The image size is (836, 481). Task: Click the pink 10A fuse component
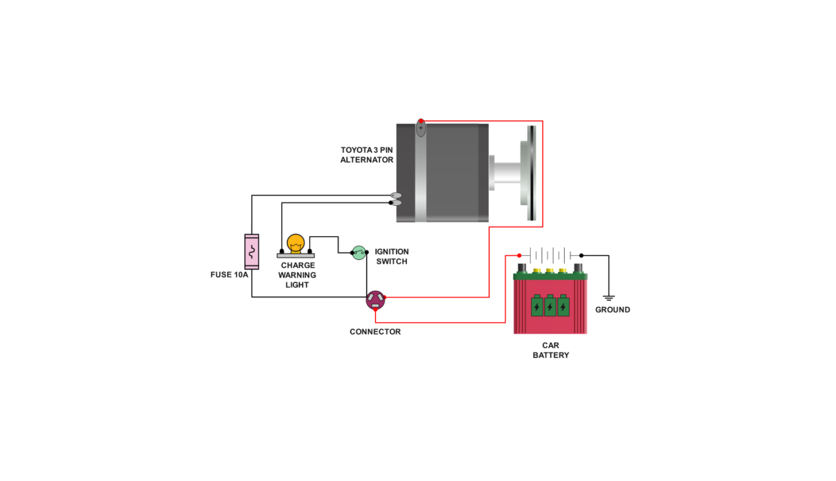[251, 251]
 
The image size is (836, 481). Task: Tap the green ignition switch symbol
[359, 253]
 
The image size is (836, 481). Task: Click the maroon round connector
[376, 299]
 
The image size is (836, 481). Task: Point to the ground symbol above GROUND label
[608, 298]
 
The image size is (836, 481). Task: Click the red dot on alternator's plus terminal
[421, 121]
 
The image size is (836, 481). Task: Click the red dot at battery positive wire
[519, 255]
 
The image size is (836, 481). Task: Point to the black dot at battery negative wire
[581, 255]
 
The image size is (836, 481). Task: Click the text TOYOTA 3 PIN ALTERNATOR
[367, 155]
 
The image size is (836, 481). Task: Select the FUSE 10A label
[230, 275]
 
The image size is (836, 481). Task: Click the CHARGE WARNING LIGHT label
[297, 275]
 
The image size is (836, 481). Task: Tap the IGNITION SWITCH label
[391, 257]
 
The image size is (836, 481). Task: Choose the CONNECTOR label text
[375, 332]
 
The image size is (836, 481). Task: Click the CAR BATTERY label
[550, 350]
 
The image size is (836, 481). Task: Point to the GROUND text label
[612, 310]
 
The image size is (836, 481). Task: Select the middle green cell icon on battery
[550, 305]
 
